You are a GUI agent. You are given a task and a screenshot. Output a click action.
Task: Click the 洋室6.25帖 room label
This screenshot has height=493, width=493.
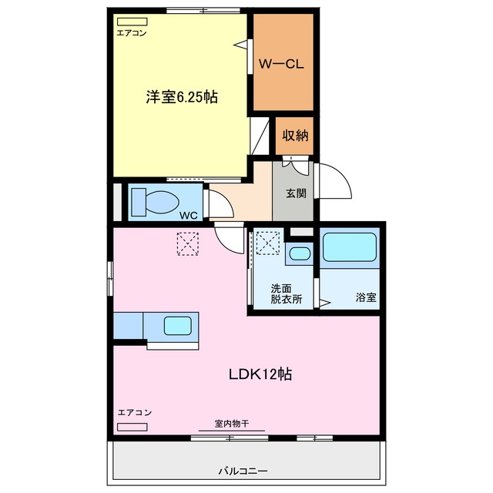[182, 96]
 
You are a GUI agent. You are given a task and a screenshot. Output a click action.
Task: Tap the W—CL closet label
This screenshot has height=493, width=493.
[281, 64]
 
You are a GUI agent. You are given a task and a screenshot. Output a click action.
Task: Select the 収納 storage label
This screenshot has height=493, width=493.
[295, 136]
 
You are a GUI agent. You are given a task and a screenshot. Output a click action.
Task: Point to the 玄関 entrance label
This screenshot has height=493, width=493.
[296, 193]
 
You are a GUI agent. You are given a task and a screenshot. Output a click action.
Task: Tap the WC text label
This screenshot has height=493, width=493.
[188, 216]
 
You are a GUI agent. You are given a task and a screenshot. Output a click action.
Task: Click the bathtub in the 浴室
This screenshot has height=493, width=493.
[350, 247]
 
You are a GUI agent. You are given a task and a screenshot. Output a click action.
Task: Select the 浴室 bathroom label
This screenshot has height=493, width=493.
[366, 297]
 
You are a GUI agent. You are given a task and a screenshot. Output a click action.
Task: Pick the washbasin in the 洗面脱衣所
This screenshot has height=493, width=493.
[300, 253]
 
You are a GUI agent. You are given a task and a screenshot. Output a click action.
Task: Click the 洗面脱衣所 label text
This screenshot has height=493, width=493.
[287, 293]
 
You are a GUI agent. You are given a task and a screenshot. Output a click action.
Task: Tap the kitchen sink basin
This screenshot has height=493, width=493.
[178, 326]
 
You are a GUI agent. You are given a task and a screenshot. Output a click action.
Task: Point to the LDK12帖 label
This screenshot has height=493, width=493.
[260, 374]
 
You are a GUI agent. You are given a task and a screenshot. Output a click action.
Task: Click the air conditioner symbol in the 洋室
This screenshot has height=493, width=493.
[132, 22]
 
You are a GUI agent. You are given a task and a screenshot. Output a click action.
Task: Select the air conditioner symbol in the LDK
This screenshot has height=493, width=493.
[132, 427]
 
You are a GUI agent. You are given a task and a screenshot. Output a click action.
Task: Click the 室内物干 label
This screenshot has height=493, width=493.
[232, 424]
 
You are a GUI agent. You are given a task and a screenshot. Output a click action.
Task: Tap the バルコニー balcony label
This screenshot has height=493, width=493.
[243, 471]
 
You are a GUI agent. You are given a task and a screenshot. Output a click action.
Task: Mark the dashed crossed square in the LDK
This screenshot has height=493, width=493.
[188, 243]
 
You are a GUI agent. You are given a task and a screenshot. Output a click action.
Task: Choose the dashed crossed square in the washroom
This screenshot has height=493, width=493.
[268, 243]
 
